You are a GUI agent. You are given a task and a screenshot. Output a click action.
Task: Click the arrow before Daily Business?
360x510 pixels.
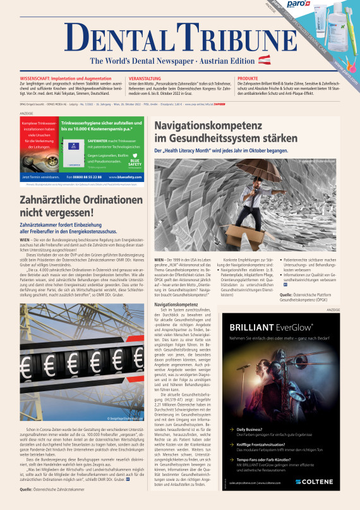[x=232, y=428]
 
